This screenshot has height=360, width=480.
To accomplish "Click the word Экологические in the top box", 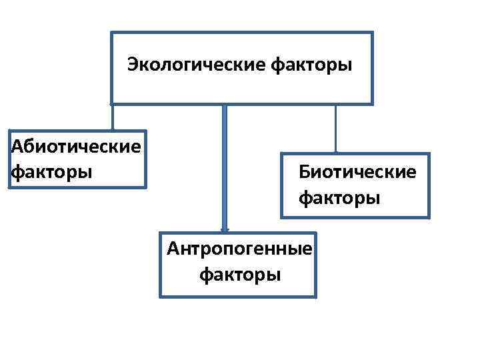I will point(197,66).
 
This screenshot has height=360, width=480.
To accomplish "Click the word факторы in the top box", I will point(313,66).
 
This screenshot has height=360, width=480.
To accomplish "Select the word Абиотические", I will point(76,146).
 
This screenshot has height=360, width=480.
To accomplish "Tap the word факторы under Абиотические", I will point(52,172).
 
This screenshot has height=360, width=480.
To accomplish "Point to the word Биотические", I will point(357,173).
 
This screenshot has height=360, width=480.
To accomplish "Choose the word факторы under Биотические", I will point(339,198).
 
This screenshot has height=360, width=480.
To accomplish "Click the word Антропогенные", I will point(239,249).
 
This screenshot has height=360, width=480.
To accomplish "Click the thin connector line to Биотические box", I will point(335,129).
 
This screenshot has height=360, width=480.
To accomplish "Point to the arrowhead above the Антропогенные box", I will point(225,229).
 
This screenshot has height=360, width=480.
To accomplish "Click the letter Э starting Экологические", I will point(133,66).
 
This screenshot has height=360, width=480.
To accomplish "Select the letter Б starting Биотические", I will point(304,173).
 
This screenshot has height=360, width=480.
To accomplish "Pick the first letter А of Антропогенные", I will point(173,249).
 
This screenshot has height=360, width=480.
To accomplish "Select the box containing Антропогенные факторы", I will point(293,283).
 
